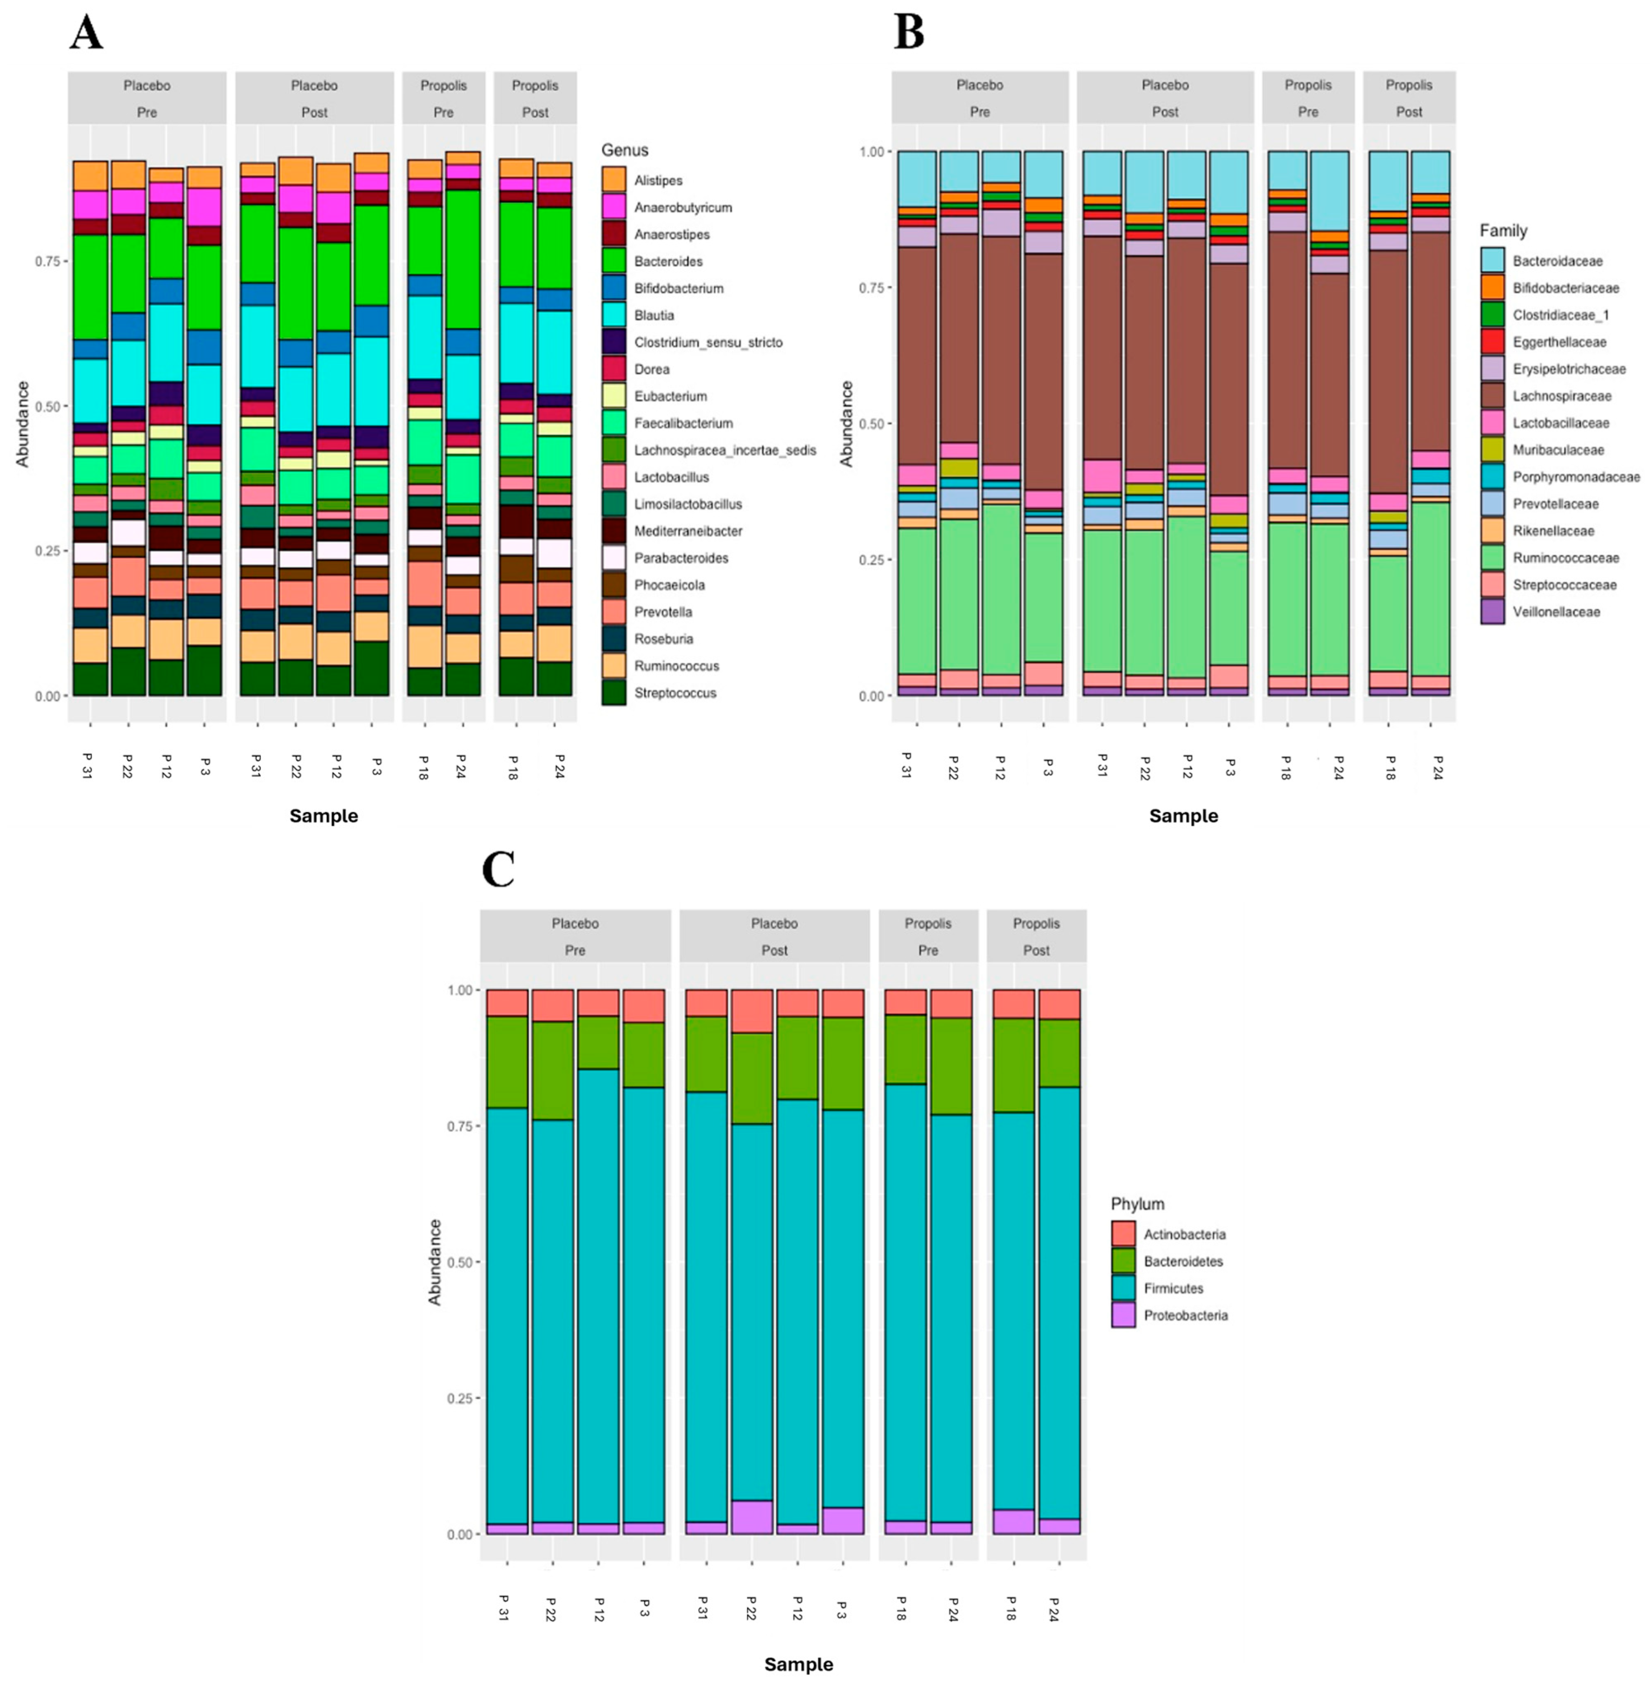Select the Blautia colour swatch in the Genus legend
(x=613, y=315)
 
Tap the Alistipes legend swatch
(x=613, y=180)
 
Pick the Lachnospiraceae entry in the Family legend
(x=1562, y=396)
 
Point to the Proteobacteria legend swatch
(x=1123, y=1315)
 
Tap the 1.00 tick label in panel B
(x=871, y=151)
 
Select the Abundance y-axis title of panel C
(x=435, y=1261)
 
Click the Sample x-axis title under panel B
(x=1183, y=815)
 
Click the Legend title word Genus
(x=625, y=150)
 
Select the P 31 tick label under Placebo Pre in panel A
(x=87, y=766)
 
